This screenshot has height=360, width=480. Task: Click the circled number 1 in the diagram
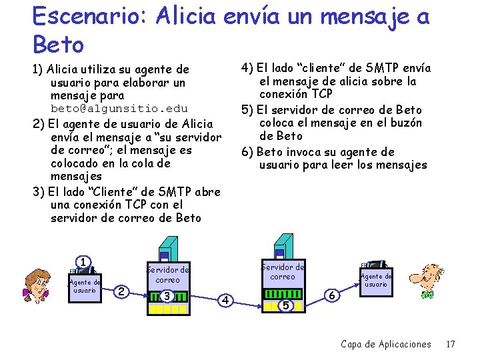tap(83, 263)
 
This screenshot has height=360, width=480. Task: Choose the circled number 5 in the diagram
tap(285, 305)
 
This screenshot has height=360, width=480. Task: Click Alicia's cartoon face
tap(37, 285)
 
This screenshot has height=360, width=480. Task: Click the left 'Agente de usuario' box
tap(85, 287)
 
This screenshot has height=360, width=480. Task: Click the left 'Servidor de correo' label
tap(168, 275)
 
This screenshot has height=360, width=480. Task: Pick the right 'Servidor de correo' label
tap(283, 271)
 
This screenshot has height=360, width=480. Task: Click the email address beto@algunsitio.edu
tap(119, 108)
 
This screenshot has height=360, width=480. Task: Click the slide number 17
tap(450, 344)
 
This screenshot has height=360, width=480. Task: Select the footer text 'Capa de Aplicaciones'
tap(385, 344)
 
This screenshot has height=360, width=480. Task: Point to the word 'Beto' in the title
tap(58, 45)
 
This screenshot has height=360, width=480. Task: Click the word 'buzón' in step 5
tap(404, 123)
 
